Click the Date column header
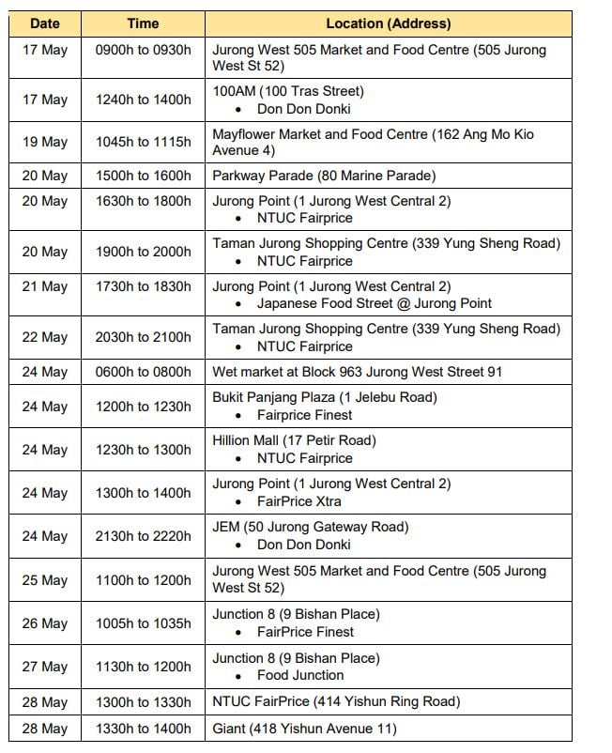pos(45,23)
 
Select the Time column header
pos(143,23)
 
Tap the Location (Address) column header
pos(388,23)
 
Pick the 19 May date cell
pos(45,143)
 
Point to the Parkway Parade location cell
pos(324,176)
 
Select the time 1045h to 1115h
pos(143,143)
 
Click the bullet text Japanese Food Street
pos(375,303)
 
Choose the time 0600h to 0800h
pos(143,372)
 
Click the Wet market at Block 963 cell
pos(357,372)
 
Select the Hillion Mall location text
pos(294,440)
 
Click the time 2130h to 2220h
pos(143,536)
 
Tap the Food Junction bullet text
pos(300,675)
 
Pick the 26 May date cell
pos(45,623)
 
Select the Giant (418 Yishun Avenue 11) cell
pos(304,729)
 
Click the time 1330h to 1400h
pos(143,729)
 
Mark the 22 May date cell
pos(45,338)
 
